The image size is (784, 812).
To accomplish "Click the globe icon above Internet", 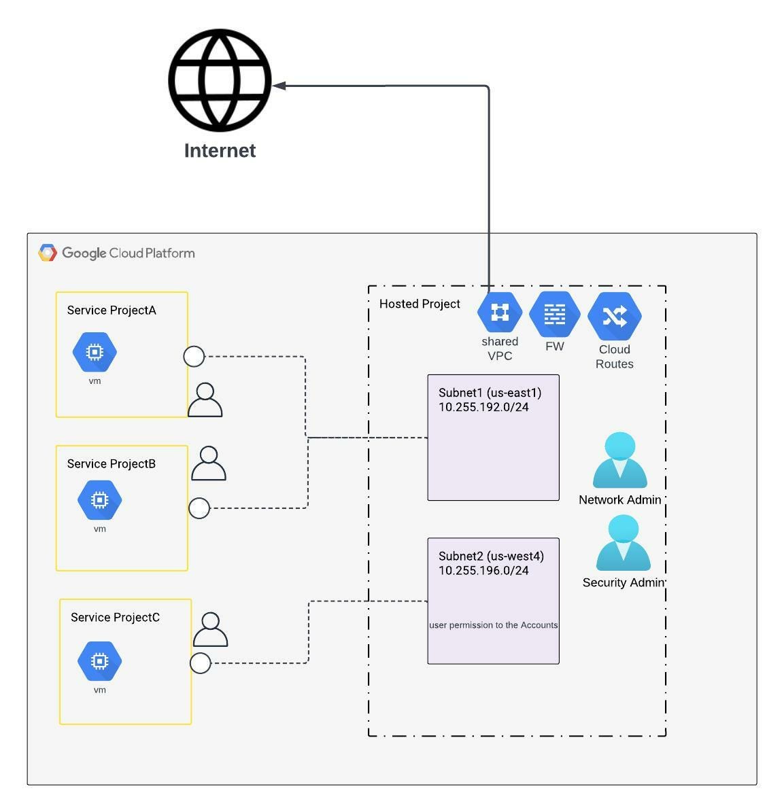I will pyautogui.click(x=220, y=80).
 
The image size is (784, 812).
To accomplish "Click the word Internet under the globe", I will pyautogui.click(x=220, y=150).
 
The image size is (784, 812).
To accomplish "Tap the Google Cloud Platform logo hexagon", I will pyautogui.click(x=48, y=253).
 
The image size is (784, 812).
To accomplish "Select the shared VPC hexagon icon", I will pyautogui.click(x=500, y=313).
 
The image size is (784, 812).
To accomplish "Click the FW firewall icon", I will pyautogui.click(x=554, y=314).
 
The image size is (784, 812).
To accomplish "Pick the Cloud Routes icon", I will pyautogui.click(x=615, y=316).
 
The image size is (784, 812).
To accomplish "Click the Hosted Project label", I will pyautogui.click(x=420, y=304).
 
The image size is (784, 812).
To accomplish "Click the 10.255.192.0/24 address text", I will pyautogui.click(x=483, y=407).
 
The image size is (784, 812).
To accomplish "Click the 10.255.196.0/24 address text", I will pyautogui.click(x=483, y=570).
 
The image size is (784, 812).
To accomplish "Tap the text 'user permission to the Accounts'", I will pyautogui.click(x=493, y=625).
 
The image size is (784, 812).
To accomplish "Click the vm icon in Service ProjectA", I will pyautogui.click(x=95, y=352).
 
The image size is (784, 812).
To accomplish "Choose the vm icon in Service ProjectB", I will pyautogui.click(x=99, y=499).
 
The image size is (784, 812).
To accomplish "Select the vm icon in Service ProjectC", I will pyautogui.click(x=99, y=660).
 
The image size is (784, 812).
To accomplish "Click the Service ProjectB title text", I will pyautogui.click(x=112, y=463).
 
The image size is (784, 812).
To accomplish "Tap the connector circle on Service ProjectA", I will pyautogui.click(x=194, y=356).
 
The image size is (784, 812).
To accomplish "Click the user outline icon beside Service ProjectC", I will pyautogui.click(x=211, y=630).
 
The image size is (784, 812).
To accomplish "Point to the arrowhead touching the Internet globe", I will pyautogui.click(x=279, y=86).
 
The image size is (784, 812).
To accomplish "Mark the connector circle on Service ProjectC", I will pyautogui.click(x=200, y=663).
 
